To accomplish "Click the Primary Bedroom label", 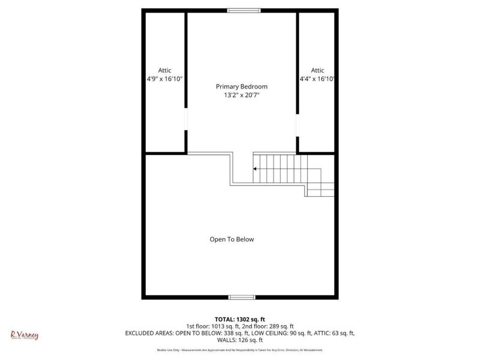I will [241, 86].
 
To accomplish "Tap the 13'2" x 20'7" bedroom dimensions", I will [241, 95].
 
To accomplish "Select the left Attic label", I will [164, 70].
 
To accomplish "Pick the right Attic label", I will [317, 70].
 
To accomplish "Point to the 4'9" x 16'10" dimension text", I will [164, 79].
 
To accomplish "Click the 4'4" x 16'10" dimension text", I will [317, 79].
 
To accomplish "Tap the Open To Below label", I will [232, 239].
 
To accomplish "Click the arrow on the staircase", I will [256, 169].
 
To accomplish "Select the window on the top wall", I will [244, 10].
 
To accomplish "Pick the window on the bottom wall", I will [241, 297].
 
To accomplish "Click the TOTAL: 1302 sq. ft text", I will [239, 319].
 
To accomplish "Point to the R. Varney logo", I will [25, 335].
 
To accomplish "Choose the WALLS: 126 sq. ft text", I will [239, 340].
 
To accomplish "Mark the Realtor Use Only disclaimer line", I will [239, 350].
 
